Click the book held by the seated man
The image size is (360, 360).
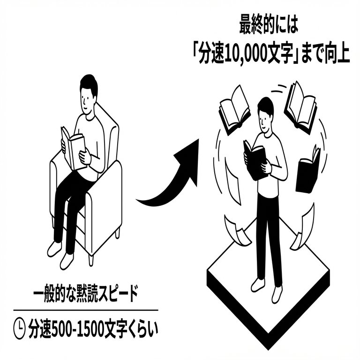[73, 148]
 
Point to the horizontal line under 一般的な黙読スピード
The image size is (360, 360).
[86, 310]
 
